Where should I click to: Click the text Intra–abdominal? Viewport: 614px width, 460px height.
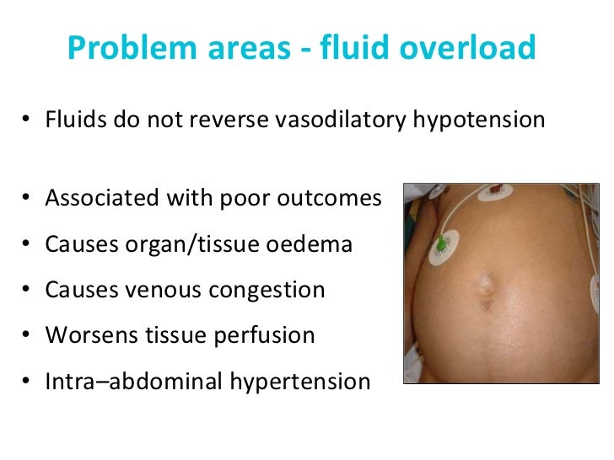pyautogui.click(x=130, y=382)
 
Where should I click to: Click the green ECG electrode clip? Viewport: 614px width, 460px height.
pyautogui.click(x=441, y=246)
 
